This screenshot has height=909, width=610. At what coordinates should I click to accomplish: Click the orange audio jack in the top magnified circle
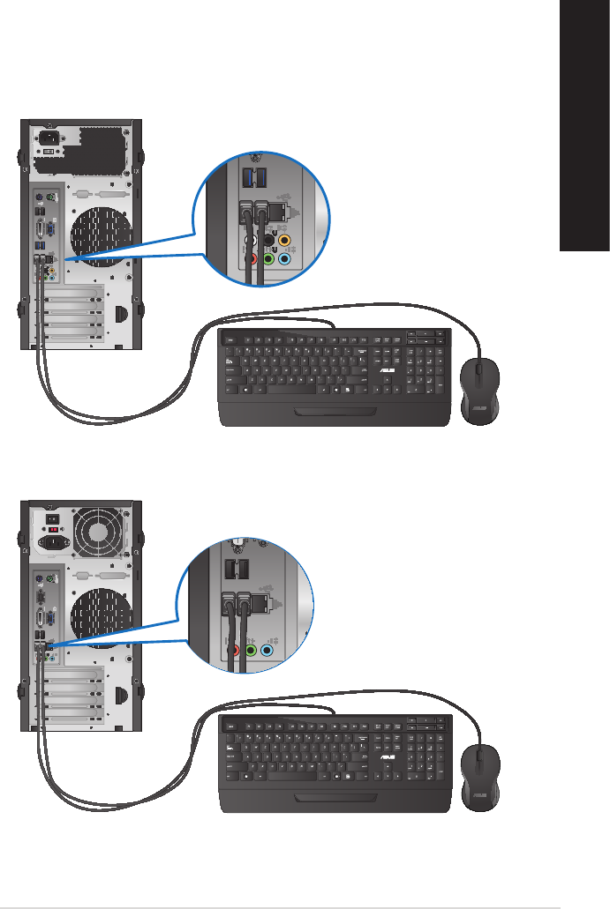point(284,238)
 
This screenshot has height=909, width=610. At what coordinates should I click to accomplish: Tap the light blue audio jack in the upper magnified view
point(284,259)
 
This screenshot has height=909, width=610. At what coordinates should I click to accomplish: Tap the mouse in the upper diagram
point(479,386)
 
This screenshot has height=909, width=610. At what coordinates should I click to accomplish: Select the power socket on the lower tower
point(48,542)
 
